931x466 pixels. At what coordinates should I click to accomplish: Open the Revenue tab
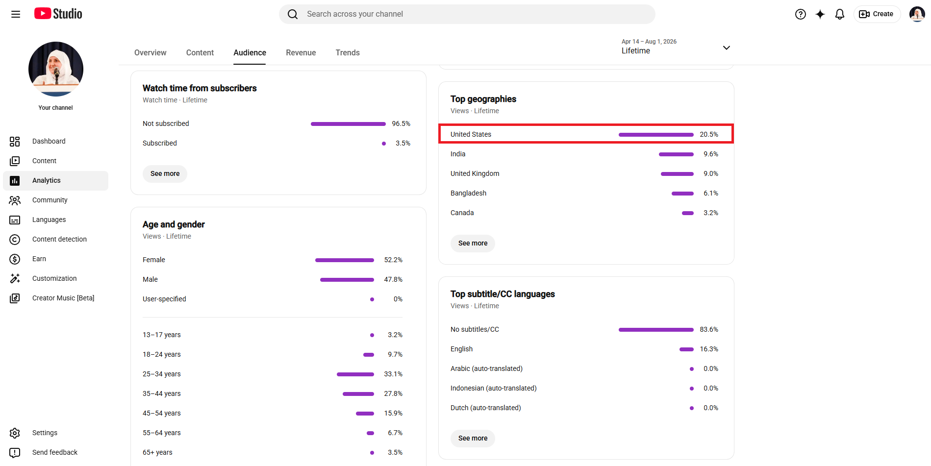[301, 52]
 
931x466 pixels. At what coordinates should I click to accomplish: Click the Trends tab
[348, 52]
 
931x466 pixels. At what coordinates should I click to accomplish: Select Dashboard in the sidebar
[49, 141]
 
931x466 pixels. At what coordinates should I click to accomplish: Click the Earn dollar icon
[15, 259]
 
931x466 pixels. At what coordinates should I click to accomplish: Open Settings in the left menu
[45, 433]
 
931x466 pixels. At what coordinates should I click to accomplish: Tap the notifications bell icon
[840, 14]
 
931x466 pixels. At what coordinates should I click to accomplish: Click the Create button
[877, 14]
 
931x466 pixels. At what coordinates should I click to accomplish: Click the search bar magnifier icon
[293, 14]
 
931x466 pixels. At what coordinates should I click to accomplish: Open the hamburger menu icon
[16, 14]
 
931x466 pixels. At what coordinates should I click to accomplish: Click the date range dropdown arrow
[727, 48]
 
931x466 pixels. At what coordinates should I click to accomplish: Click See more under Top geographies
[473, 243]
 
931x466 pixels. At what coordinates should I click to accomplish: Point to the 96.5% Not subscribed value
[401, 123]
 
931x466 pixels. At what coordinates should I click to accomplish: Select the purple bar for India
[676, 154]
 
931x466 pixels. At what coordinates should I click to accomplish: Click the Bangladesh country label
[468, 193]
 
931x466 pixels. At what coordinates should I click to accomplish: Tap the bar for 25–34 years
[355, 374]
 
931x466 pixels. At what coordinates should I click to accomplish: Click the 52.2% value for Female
[393, 260]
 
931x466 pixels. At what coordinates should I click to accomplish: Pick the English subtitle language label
[461, 349]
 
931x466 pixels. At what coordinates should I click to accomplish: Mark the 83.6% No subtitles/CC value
[709, 329]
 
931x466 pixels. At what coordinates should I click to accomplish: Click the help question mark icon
[801, 14]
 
